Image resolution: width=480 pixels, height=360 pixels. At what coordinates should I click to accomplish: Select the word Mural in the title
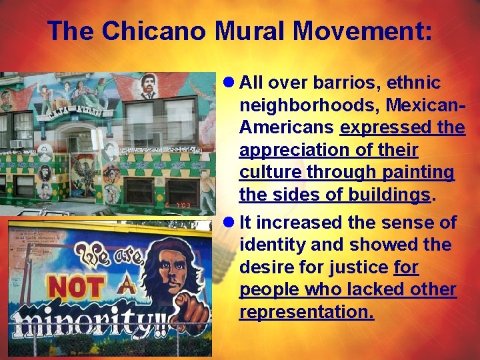click(x=253, y=31)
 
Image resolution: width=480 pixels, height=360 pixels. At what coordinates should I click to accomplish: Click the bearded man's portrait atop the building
click(x=149, y=87)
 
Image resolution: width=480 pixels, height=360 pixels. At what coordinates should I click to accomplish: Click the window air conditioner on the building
click(x=17, y=143)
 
